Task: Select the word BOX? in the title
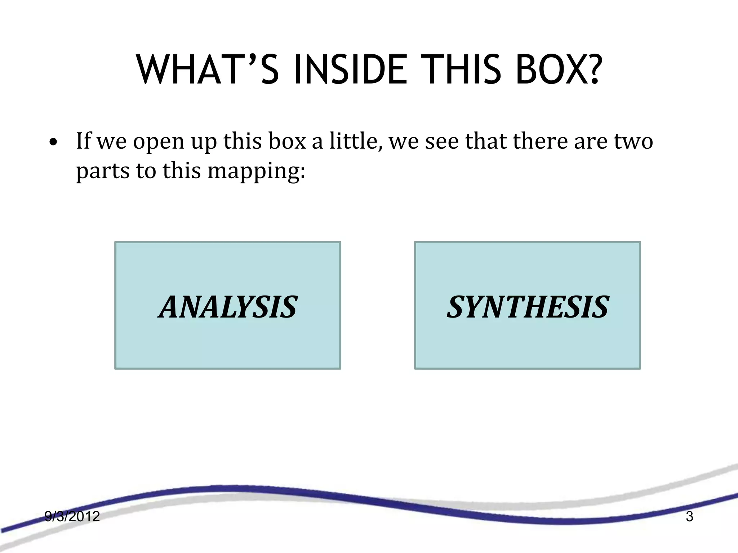(558, 70)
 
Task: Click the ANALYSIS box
(228, 305)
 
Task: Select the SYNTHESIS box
(528, 305)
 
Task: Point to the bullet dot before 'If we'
(53, 142)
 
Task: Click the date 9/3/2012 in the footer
(72, 517)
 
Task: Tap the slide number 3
(689, 517)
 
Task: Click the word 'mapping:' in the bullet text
(256, 171)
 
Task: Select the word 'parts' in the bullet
(103, 171)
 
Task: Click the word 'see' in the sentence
(442, 141)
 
